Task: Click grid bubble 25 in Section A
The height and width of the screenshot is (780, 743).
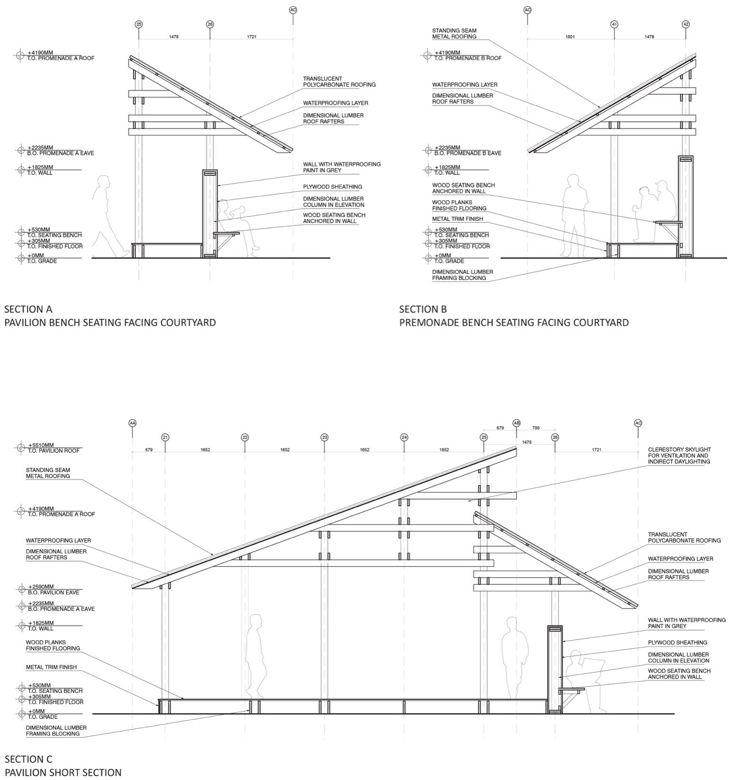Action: click(139, 24)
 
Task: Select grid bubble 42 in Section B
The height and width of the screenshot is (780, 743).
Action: click(686, 24)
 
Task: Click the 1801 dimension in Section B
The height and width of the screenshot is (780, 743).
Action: click(570, 36)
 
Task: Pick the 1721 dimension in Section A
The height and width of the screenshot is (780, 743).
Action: click(251, 36)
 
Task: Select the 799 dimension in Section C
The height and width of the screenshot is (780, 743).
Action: click(536, 428)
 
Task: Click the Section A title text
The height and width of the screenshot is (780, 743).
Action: click(28, 309)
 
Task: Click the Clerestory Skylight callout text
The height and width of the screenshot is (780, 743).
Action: click(679, 455)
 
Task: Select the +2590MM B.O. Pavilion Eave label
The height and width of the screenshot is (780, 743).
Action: click(54, 590)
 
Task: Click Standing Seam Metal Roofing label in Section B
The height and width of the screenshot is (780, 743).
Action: click(454, 34)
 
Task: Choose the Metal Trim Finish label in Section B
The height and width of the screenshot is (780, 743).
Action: click(457, 219)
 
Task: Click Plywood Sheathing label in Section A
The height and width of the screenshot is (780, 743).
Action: click(332, 187)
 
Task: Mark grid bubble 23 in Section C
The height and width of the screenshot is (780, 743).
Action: click(324, 437)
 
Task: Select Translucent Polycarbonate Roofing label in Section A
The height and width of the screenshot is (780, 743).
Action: click(339, 82)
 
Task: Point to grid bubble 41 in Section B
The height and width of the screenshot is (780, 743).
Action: click(614, 24)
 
